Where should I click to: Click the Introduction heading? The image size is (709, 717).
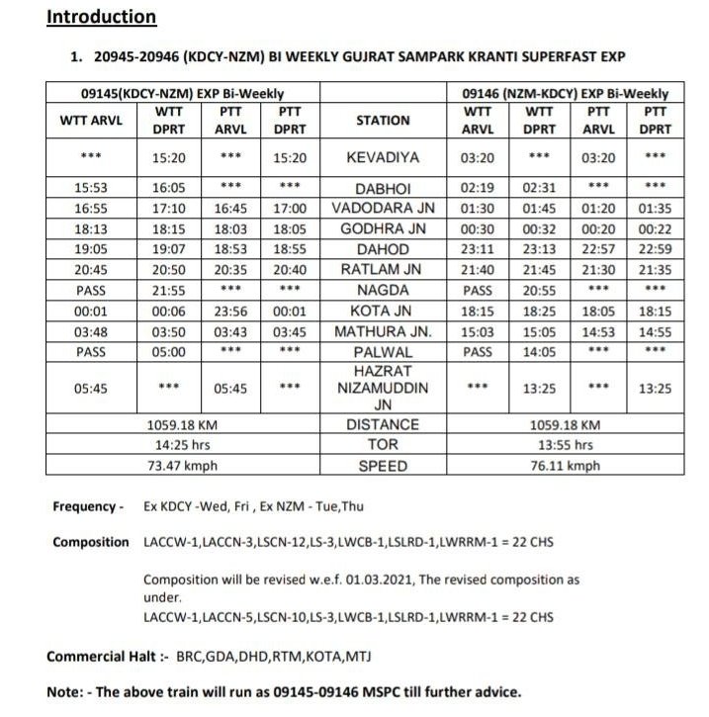tap(102, 17)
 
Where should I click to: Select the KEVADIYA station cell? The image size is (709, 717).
tap(383, 157)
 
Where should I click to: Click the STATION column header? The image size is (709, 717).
tap(383, 121)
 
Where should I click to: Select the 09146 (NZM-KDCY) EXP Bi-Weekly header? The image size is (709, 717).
tap(566, 92)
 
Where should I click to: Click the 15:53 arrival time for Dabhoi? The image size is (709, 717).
tap(91, 188)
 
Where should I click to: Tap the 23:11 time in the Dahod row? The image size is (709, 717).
tap(478, 249)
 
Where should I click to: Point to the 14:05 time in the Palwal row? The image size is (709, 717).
tap(539, 351)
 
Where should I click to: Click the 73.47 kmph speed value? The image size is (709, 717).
tap(182, 466)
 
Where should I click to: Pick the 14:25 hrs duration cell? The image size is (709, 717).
tap(182, 445)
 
